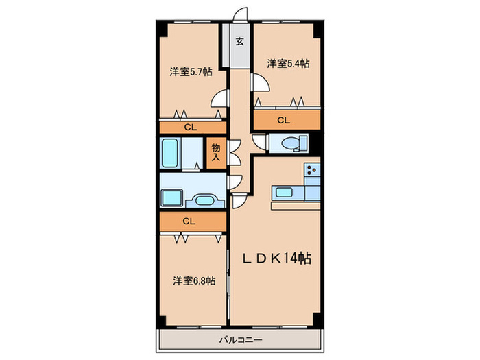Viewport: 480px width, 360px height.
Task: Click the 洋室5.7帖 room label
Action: pyautogui.click(x=191, y=72)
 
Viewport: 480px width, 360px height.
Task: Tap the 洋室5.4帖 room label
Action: pyautogui.click(x=288, y=64)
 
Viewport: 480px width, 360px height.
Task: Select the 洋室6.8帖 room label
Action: pyautogui.click(x=194, y=280)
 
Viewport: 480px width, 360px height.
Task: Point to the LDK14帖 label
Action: pyautogui.click(x=277, y=259)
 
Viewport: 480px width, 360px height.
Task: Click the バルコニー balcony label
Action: pyautogui.click(x=241, y=340)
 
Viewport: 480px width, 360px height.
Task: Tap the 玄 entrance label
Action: pyautogui.click(x=240, y=41)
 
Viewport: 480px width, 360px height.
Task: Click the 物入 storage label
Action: pyautogui.click(x=216, y=152)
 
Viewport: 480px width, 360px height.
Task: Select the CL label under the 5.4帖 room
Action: pyautogui.click(x=283, y=120)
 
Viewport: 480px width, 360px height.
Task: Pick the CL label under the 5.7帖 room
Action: pyautogui.click(x=191, y=128)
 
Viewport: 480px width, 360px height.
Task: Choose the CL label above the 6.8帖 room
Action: pyautogui.click(x=189, y=221)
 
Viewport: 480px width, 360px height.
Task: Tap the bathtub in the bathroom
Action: pyautogui.click(x=170, y=153)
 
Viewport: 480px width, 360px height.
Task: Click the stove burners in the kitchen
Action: pyautogui.click(x=312, y=169)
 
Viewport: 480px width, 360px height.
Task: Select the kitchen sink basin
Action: pyautogui.click(x=284, y=192)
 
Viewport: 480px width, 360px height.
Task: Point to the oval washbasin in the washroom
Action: pyautogui.click(x=204, y=201)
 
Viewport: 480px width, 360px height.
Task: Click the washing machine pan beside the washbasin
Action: pyautogui.click(x=171, y=197)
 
